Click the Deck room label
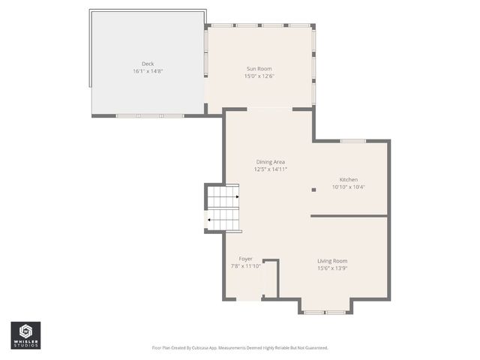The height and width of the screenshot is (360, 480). pos(148,64)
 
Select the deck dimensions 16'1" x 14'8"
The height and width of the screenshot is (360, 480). pos(148,71)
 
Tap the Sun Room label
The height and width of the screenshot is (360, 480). pos(259,69)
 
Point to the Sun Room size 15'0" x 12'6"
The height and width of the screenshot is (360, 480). pos(259,76)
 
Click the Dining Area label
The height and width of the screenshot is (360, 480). pos(271,162)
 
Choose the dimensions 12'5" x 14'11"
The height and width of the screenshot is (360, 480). pos(271,169)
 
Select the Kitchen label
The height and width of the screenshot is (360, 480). pos(349,180)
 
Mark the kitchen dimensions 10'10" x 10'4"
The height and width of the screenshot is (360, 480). pos(349,187)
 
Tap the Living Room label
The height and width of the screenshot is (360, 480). pos(332,261)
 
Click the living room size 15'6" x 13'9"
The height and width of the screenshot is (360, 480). pos(332,268)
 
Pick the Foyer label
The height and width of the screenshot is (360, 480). pos(246,259)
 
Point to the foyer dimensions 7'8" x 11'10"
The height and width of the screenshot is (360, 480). pos(246,266)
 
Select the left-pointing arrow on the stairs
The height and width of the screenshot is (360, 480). pos(210,220)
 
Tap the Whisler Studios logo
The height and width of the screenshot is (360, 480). pos(25,335)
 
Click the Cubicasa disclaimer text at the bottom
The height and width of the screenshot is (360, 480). pos(240,348)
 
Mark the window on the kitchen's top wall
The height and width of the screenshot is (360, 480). pos(353,141)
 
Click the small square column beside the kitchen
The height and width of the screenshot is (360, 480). pos(313,190)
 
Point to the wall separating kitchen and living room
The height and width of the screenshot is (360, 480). pos(349,216)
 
